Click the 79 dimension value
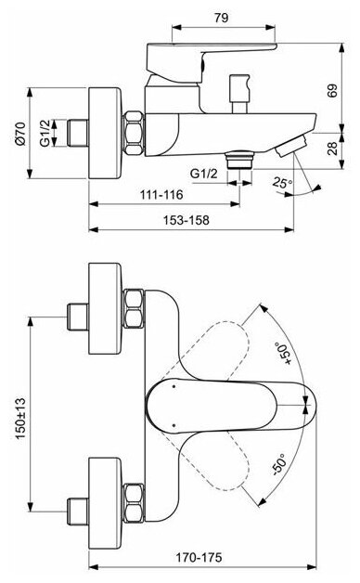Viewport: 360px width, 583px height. pos(221,18)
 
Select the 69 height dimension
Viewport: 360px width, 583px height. pos(332,91)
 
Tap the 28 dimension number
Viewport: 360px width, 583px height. pos(332,149)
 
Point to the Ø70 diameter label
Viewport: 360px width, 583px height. pos(20,134)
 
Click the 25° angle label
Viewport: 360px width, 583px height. pos(283,183)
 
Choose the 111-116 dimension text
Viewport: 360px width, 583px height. pos(161,194)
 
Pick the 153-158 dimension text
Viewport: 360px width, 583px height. pos(186,220)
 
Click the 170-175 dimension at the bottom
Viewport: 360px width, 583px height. pos(199,557)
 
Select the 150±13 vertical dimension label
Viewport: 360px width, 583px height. pos(20,419)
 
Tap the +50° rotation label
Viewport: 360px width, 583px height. pos(283,353)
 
